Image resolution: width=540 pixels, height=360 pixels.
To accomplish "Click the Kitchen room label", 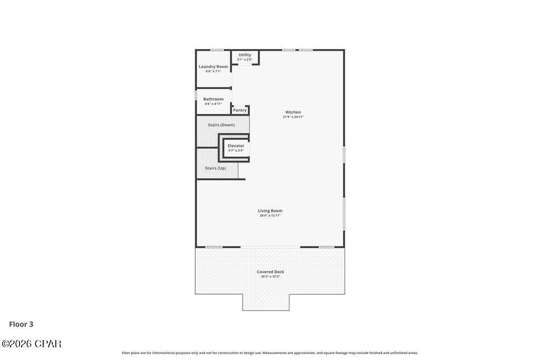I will click(x=293, y=112).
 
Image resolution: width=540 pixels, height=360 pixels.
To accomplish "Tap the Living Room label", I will click(x=270, y=211).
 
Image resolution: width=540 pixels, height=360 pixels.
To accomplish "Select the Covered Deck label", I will click(x=270, y=272).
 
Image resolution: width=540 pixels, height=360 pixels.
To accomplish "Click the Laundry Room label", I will click(x=213, y=67).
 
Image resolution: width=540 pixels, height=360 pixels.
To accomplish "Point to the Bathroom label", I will click(x=213, y=99).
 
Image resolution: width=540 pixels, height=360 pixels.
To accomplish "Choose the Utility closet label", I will click(x=245, y=55).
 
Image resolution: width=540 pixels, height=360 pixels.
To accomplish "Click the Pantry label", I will click(x=240, y=110).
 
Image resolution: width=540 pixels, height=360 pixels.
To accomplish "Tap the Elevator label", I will click(x=236, y=146).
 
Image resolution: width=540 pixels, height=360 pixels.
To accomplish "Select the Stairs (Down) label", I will click(x=221, y=125).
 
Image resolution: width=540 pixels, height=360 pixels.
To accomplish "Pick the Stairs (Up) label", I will click(x=215, y=168).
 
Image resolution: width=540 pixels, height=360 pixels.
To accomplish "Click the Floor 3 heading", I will click(x=21, y=324).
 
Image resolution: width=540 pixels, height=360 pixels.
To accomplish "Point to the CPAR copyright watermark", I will click(x=32, y=344).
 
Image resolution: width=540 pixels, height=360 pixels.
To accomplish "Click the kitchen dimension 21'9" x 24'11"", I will click(x=293, y=117).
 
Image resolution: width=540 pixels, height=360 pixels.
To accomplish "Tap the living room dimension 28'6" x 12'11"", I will click(x=270, y=216).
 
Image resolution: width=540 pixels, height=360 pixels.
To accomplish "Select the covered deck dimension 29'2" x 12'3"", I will click(x=270, y=277).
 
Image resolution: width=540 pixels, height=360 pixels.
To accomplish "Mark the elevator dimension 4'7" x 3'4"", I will click(x=236, y=151).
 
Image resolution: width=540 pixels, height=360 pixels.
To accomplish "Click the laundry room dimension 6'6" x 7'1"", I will click(x=213, y=71).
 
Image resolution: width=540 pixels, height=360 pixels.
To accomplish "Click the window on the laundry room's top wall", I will click(x=217, y=50).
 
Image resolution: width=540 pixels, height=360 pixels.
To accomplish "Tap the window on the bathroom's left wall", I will click(x=196, y=96).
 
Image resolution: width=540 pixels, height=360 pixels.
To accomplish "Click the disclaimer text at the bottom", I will click(x=270, y=353).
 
